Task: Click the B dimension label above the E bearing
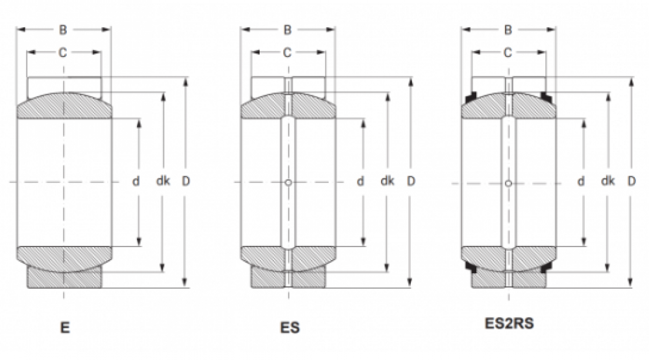[x=63, y=30]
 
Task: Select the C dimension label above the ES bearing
[x=288, y=53]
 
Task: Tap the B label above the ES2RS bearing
[x=508, y=30]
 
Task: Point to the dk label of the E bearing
[x=163, y=181]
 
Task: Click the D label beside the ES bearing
[x=411, y=181]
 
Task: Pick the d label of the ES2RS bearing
[x=581, y=181]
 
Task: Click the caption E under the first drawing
[x=65, y=328]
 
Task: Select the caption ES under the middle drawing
[x=289, y=328]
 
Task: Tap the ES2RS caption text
[x=509, y=323]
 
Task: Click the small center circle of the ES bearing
[x=289, y=182]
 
